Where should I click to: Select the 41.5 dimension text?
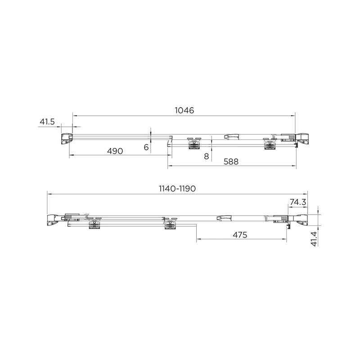tap(47, 121)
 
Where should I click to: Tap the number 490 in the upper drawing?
tap(115, 151)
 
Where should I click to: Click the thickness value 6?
tap(146, 147)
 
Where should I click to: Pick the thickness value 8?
tap(206, 156)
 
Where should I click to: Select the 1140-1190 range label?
tap(177, 189)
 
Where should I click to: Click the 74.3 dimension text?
tap(298, 202)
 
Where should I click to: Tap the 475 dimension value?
tap(241, 235)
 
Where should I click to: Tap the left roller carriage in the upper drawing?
tap(194, 142)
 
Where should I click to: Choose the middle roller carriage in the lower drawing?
tap(171, 223)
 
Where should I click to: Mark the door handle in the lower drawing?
tap(224, 218)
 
